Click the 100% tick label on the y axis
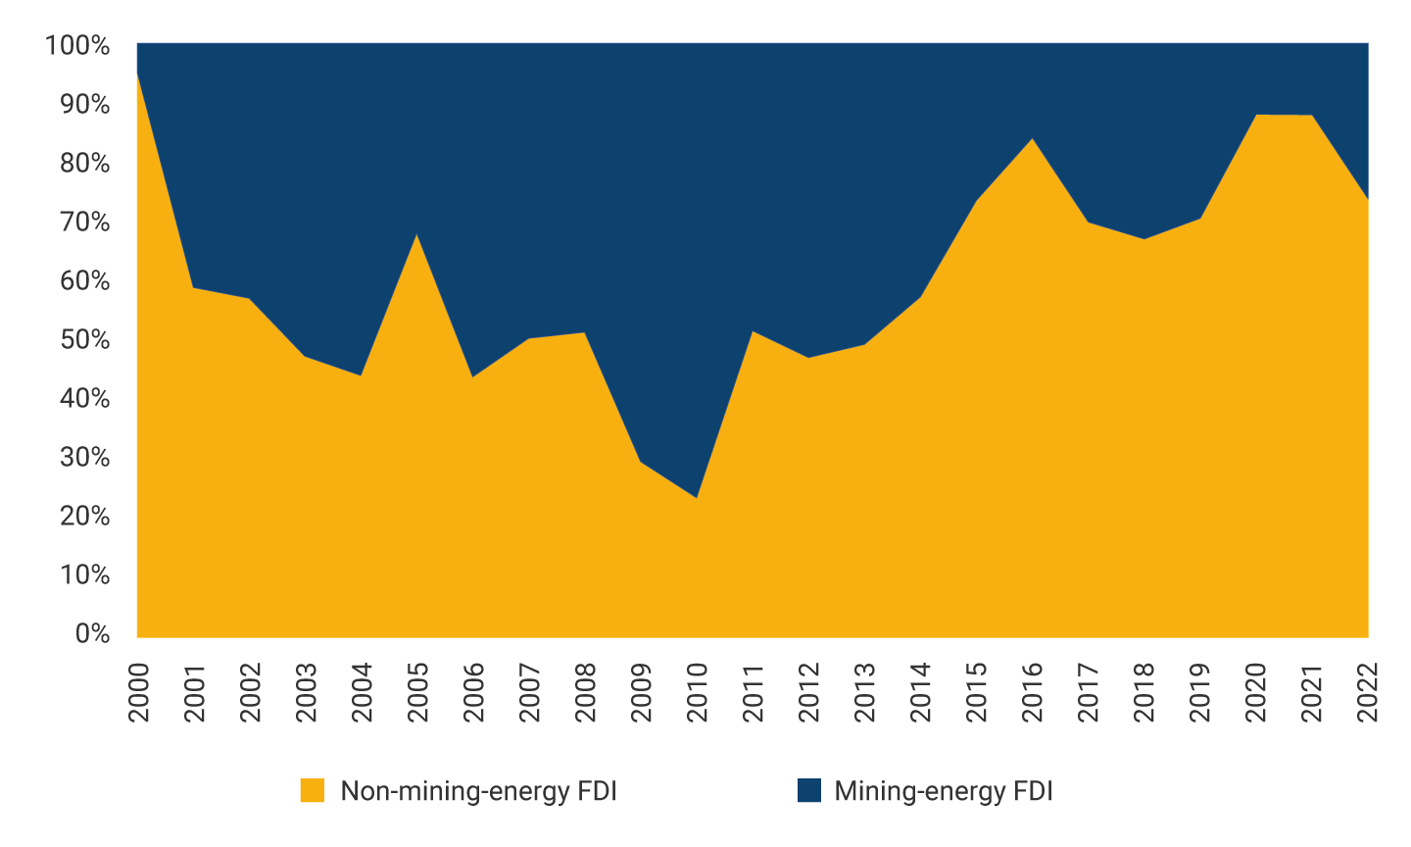pos(77,45)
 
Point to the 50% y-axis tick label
pos(85,339)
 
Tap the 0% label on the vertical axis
pos(92,633)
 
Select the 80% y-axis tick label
pos(85,163)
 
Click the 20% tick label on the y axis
pos(85,516)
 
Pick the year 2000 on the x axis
pos(138,692)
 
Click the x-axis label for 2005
pos(418,692)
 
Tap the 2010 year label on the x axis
pos(698,692)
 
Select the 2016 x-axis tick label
pos(1033,692)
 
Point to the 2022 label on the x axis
pos(1368,692)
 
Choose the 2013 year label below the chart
pos(865,692)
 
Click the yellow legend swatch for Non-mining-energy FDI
pos(313,790)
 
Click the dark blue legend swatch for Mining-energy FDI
pos(809,790)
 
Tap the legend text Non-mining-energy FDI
pos(478,791)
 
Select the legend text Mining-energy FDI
pos(944,791)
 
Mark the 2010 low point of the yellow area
pos(697,498)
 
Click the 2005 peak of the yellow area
pos(417,234)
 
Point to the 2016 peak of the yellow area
pos(1033,138)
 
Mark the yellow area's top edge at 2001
pos(193,287)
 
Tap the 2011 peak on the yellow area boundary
pos(752,331)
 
